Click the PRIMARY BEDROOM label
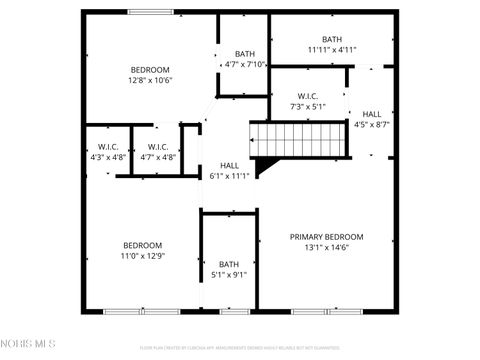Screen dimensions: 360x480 326,237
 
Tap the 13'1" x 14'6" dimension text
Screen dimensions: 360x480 326,247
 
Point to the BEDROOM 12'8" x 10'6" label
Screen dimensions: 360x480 151,69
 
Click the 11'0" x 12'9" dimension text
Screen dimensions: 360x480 142,255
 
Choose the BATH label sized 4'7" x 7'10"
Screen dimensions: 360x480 245,54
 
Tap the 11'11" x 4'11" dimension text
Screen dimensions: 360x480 332,49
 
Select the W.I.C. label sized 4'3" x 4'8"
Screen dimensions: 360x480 107,147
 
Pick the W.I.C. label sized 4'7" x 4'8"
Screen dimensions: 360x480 157,147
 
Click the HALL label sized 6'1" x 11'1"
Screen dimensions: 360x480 230,166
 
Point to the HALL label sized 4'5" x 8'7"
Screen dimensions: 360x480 372,114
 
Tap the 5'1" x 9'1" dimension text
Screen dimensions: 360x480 229,275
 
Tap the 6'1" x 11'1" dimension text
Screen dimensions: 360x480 230,176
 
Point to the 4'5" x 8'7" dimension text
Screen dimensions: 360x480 372,125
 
